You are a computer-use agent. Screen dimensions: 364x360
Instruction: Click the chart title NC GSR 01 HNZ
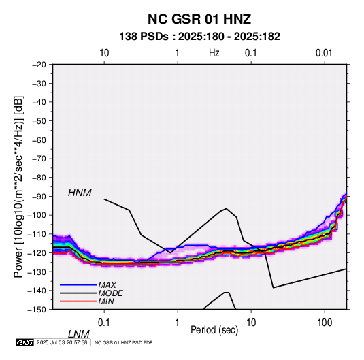click(199, 19)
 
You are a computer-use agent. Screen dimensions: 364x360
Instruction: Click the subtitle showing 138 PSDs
click(199, 37)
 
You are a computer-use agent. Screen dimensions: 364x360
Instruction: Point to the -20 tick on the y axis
click(39, 65)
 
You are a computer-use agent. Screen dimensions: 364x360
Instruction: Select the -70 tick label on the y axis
click(39, 159)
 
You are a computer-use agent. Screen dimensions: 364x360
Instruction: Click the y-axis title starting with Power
click(18, 186)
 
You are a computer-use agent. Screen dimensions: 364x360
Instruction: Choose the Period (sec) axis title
click(214, 330)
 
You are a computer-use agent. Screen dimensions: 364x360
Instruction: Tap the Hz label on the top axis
click(214, 53)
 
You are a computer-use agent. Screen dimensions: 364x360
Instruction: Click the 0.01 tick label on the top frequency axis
click(324, 53)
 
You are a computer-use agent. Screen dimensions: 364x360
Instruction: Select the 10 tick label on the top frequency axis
click(104, 53)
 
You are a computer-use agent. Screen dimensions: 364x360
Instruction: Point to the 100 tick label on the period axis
click(325, 323)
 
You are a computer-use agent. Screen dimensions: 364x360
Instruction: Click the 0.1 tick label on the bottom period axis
click(104, 323)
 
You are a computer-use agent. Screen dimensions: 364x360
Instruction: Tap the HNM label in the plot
click(80, 193)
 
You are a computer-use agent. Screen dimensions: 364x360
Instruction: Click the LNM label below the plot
click(79, 334)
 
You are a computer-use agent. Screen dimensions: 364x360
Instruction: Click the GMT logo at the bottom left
click(25, 342)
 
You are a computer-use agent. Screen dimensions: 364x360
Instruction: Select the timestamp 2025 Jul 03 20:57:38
click(62, 342)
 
